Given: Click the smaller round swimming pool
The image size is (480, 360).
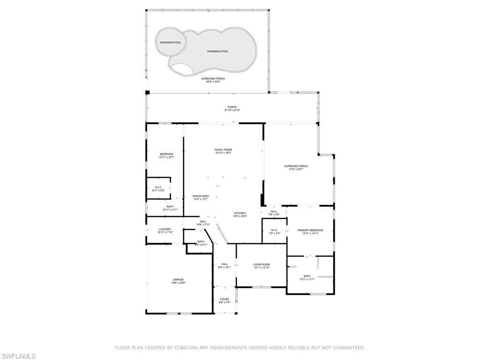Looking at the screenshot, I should (x=170, y=43).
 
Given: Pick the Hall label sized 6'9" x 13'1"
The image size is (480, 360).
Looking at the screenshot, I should (x=225, y=265).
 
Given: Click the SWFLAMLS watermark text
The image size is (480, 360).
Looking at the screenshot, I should (x=18, y=356).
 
